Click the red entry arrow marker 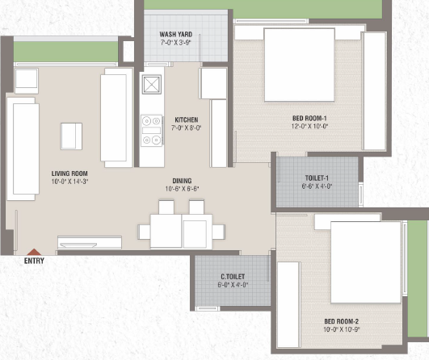(34, 252)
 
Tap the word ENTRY (34, 261)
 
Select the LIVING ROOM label (69, 174)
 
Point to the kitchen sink (152, 84)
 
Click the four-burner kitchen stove (152, 131)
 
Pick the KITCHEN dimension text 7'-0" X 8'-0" (187, 128)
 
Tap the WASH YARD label (176, 35)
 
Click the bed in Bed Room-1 (299, 65)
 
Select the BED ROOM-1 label (309, 119)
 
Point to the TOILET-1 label (317, 178)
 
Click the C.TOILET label (233, 277)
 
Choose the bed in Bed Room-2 (366, 262)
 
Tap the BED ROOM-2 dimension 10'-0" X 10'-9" (342, 329)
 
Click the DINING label (182, 181)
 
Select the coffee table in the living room (71, 136)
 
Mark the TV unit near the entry (90, 242)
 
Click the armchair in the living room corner (27, 81)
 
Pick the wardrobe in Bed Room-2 (289, 305)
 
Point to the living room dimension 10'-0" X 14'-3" (69, 182)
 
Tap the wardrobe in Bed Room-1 (374, 90)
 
